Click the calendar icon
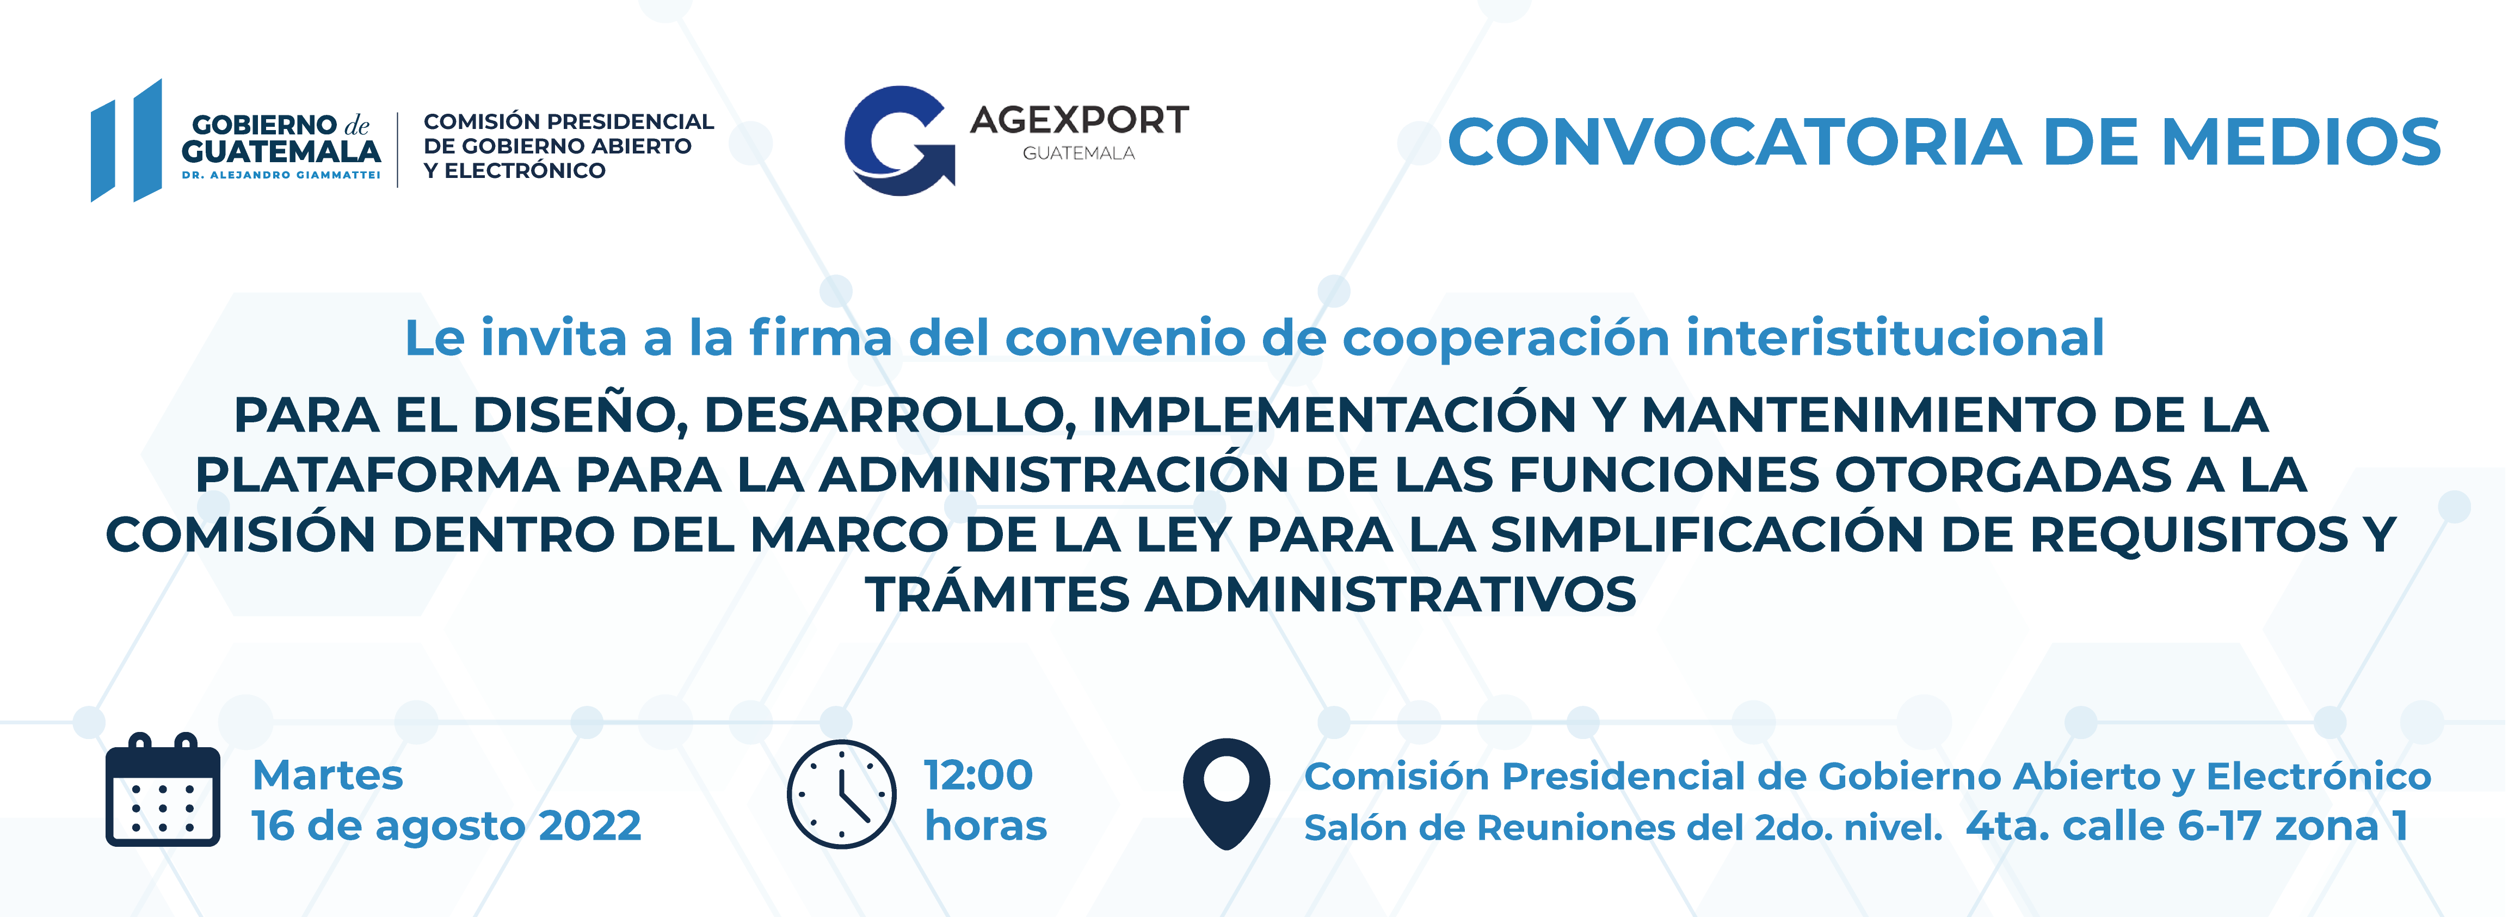(x=163, y=790)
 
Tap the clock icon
(x=841, y=795)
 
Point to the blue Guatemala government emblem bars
(x=127, y=140)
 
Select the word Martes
(x=327, y=776)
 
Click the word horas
(x=985, y=826)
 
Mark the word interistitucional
(x=1895, y=338)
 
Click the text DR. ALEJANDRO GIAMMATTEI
(x=280, y=175)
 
